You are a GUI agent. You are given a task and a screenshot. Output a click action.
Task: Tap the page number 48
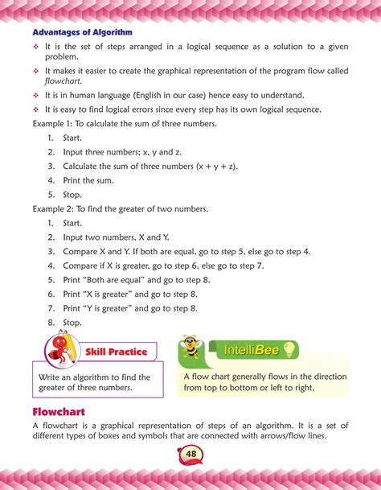[x=190, y=455]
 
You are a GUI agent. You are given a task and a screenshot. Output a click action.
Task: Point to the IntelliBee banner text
[x=249, y=348]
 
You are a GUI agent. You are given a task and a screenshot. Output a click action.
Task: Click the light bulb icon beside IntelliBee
[x=288, y=348]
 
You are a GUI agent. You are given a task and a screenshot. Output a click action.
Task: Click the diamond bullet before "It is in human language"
[x=36, y=96]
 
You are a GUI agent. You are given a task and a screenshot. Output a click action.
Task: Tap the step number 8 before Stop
[x=50, y=322]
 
